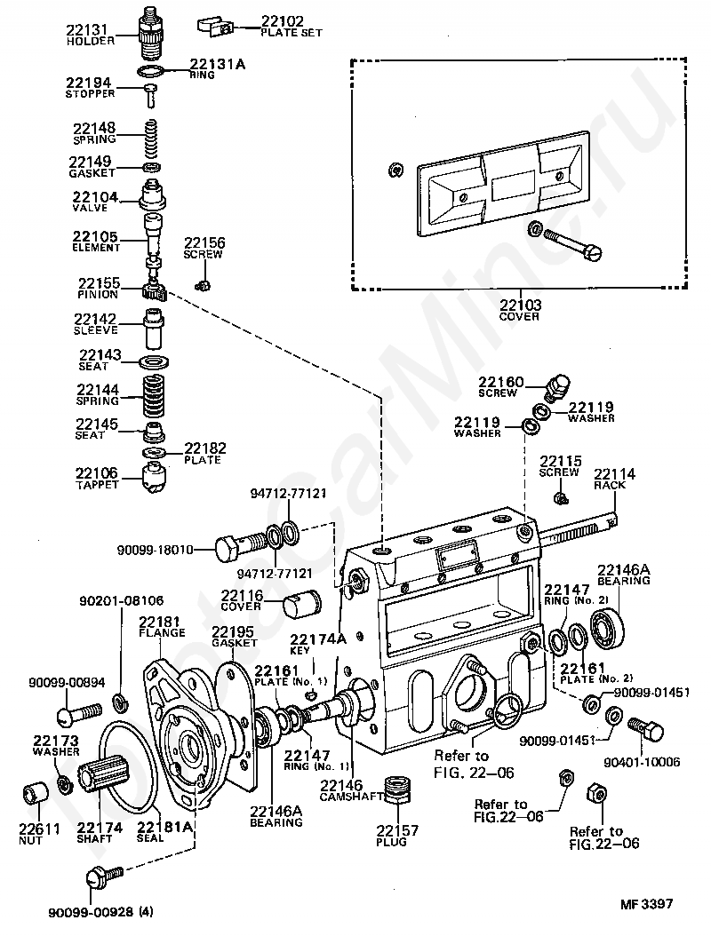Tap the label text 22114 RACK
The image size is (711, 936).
coord(611,479)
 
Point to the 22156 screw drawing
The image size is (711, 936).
coord(204,284)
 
